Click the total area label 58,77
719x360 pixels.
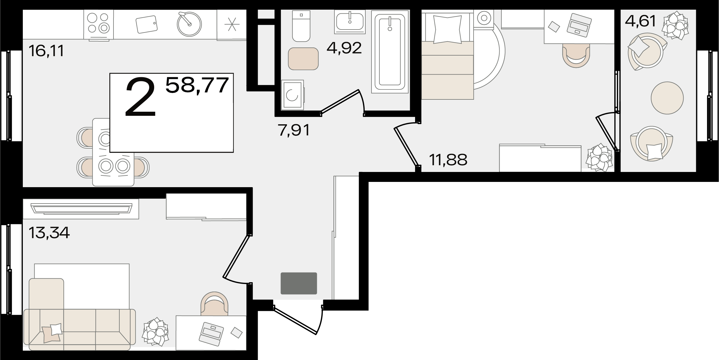(x=197, y=85)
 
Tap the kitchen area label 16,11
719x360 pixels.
(x=46, y=51)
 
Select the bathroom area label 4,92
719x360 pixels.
(x=344, y=48)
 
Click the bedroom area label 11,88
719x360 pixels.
(x=448, y=160)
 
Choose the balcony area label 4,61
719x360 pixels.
(x=641, y=21)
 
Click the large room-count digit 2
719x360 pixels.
(x=140, y=97)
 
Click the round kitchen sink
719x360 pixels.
(x=189, y=24)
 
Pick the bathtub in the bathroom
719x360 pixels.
(x=390, y=52)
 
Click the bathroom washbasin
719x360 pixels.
(x=350, y=22)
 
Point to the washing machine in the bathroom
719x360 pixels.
(x=293, y=95)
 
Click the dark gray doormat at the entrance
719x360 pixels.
(x=299, y=283)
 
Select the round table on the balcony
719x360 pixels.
(x=667, y=98)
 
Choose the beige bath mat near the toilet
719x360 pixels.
(x=303, y=59)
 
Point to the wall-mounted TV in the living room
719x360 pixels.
(x=81, y=209)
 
